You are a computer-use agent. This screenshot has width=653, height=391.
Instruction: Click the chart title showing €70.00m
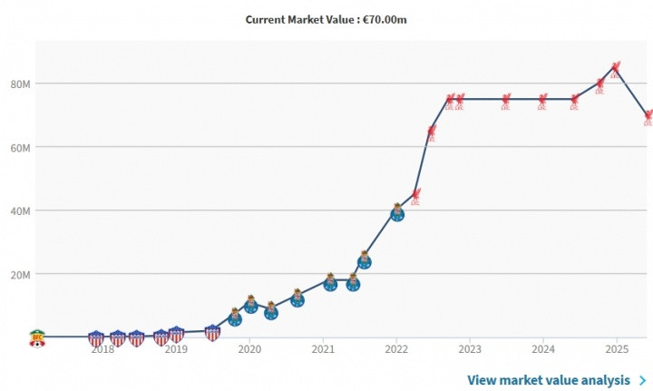pos(326,19)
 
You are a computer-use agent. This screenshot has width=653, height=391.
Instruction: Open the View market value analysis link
pos(550,380)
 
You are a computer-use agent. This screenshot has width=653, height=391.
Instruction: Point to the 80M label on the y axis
pos(20,84)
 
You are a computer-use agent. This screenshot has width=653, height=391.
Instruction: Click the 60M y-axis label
pos(20,148)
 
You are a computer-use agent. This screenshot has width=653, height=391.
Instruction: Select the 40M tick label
pos(20,211)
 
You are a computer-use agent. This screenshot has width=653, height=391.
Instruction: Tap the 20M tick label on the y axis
pos(20,275)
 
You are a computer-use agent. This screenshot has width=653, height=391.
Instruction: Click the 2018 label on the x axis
pos(102,348)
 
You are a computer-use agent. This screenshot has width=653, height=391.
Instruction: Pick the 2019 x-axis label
pos(175,348)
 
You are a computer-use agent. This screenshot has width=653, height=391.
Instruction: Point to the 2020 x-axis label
pos(249,348)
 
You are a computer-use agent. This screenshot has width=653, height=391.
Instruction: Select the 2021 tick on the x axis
pos(322,348)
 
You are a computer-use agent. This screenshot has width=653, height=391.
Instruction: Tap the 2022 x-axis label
pos(395,348)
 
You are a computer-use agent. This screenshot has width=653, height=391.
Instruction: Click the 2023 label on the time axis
pos(469,348)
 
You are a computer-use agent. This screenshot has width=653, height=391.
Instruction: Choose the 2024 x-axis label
pos(542,348)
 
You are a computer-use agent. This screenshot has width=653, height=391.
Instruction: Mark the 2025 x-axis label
pos(616,348)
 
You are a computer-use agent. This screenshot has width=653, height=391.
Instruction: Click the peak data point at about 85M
pos(616,68)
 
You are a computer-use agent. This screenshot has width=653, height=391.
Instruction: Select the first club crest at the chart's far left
pos(37,337)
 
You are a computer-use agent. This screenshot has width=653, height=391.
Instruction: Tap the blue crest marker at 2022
pos(396,212)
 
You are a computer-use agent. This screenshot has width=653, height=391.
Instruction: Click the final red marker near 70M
pos(648,117)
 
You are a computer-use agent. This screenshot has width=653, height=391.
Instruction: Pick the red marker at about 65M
pos(431,132)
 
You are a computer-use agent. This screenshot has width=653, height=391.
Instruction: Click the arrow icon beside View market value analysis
pos(642,380)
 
